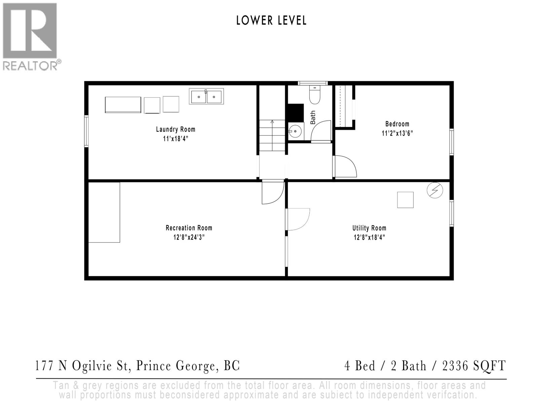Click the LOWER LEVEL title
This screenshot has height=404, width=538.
tap(271, 21)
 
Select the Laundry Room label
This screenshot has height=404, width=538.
tap(176, 129)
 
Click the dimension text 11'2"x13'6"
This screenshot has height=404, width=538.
tap(397, 133)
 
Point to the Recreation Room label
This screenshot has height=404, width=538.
tap(189, 228)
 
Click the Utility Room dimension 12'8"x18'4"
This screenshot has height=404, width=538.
tap(369, 237)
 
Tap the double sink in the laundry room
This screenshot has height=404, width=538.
tap(206, 97)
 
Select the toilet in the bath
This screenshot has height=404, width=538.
tap(315, 95)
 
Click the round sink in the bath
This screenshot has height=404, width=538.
tap(296, 131)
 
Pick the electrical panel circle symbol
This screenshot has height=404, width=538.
tap(435, 191)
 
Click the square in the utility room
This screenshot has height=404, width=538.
tap(405, 200)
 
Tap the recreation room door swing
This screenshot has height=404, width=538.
tap(273, 193)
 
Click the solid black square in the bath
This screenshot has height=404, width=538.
tap(295, 112)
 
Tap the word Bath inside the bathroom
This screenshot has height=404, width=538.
tap(313, 117)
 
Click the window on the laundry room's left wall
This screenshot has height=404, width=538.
tap(86, 131)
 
